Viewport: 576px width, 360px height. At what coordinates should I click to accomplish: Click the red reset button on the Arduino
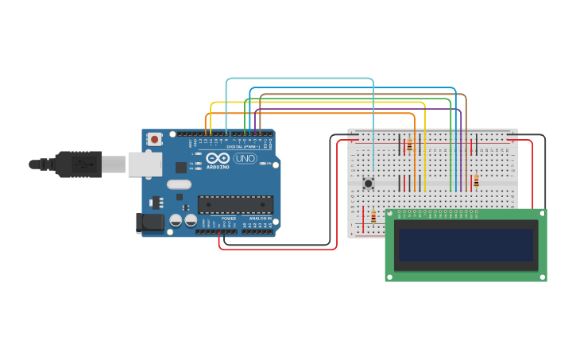click(x=154, y=139)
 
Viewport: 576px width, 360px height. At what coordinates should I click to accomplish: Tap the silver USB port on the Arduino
click(x=145, y=165)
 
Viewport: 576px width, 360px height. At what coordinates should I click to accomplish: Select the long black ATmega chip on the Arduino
click(x=234, y=204)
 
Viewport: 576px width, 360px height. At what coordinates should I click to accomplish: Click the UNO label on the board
click(x=245, y=158)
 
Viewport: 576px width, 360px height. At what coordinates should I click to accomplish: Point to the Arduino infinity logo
click(x=218, y=157)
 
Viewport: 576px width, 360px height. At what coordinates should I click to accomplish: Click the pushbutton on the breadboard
click(x=368, y=184)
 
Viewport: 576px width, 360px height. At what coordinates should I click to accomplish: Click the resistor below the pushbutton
click(x=373, y=217)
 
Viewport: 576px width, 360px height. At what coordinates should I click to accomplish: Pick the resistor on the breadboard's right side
click(x=476, y=181)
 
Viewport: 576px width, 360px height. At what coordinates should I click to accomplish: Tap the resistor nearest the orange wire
click(x=409, y=145)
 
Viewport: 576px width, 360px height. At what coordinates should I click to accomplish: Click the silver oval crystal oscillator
click(x=179, y=184)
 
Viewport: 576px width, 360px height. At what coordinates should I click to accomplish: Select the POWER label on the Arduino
click(x=229, y=218)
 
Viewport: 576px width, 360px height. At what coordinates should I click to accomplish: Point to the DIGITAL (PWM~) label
click(x=242, y=146)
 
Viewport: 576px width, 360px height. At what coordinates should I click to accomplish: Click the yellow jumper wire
click(x=318, y=103)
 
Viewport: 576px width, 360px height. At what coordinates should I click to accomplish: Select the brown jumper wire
click(x=358, y=95)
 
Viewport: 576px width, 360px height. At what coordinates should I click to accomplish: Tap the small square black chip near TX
click(x=181, y=167)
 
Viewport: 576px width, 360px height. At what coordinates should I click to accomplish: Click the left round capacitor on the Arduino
click(x=176, y=220)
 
